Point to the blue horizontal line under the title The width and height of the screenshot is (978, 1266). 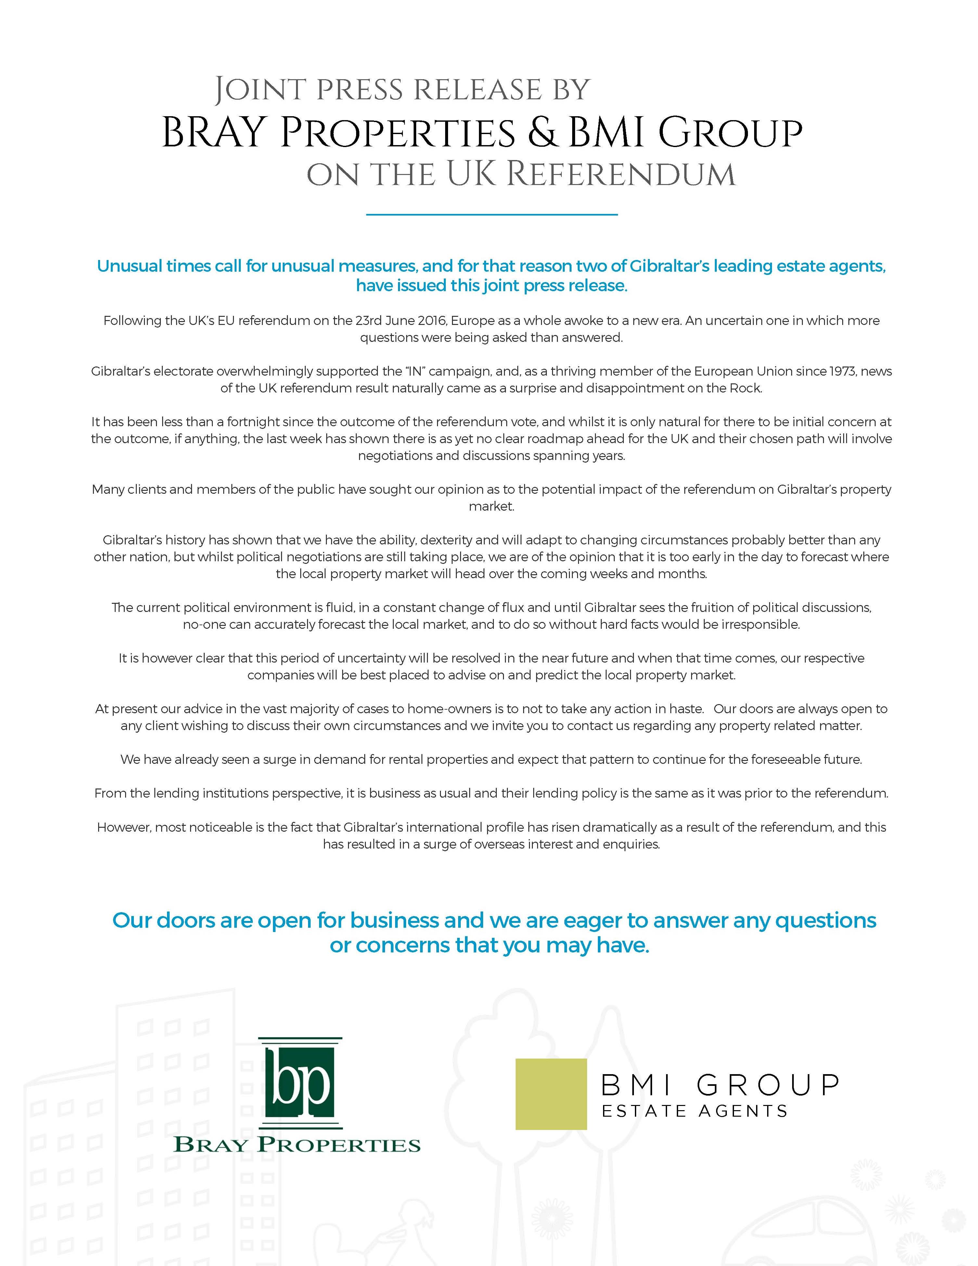[492, 215]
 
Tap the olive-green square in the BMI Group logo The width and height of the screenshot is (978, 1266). [551, 1094]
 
